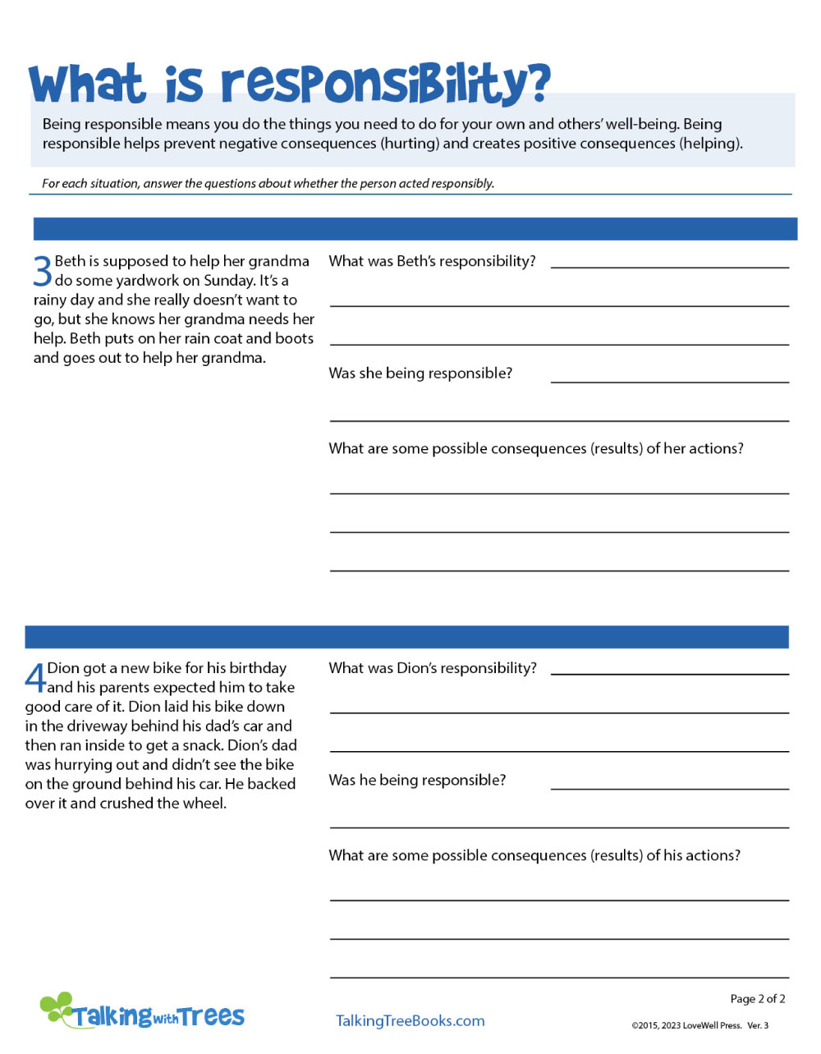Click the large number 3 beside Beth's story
click(43, 271)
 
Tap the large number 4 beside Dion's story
click(35, 678)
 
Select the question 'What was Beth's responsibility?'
click(432, 261)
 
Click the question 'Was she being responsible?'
click(420, 373)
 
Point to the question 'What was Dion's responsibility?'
click(433, 668)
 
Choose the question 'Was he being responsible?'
click(417, 780)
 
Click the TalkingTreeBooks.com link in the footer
click(410, 1020)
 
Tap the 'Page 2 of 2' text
click(757, 999)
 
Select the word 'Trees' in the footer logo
click(212, 1016)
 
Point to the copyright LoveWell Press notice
click(699, 1025)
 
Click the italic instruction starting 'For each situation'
click(268, 184)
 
